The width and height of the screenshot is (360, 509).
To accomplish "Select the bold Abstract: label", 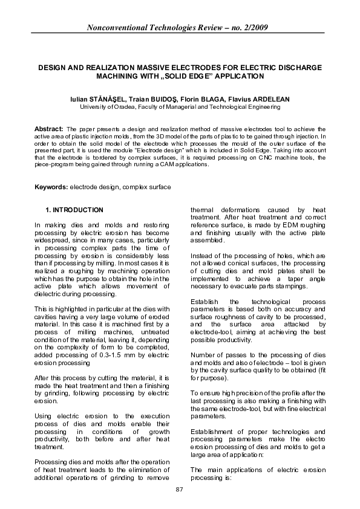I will click(49, 129).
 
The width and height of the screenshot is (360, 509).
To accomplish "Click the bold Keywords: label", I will click(51, 188).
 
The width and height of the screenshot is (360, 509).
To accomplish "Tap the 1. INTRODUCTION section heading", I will click(74, 210).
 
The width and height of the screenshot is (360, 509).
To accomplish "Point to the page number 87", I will click(179, 488).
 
